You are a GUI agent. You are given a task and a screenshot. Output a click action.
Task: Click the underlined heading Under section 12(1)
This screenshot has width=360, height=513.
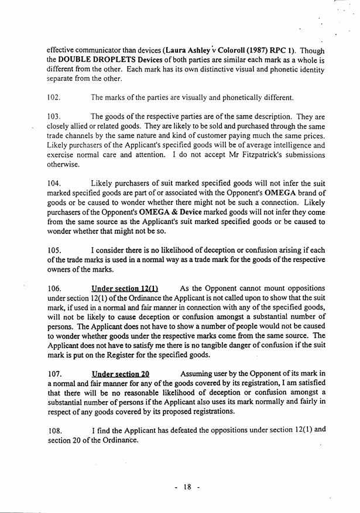tap(125, 288)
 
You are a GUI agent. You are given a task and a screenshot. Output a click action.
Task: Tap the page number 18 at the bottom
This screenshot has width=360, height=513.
tap(187, 487)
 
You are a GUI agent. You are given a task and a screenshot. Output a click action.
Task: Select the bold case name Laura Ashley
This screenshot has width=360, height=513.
tap(189, 50)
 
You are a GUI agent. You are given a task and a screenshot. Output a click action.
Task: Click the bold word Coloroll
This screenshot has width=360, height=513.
tap(234, 50)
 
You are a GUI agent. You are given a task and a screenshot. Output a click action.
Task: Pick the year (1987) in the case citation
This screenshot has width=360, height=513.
tap(263, 50)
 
